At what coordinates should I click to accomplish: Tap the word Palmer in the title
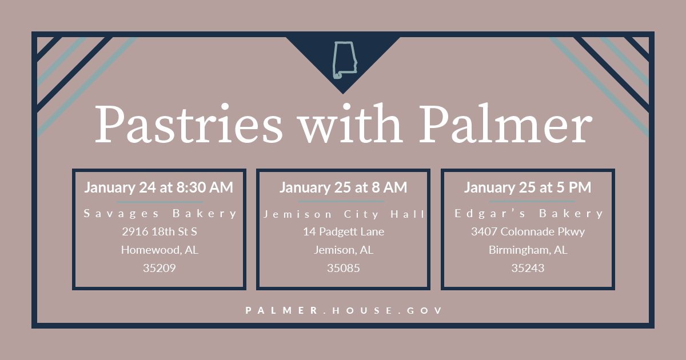504,124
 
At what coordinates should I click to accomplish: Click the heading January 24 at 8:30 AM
159,187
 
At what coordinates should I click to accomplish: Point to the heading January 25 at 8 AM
343,187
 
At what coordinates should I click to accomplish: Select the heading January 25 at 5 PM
528,187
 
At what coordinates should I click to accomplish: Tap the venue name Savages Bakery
159,214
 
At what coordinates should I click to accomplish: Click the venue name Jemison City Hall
344,214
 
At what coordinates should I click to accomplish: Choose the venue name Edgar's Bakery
528,214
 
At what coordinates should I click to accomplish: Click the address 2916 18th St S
159,231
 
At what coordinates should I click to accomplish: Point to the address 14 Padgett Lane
344,231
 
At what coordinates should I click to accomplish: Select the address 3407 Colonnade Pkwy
528,231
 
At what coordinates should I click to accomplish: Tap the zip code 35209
159,267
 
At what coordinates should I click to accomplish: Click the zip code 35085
344,267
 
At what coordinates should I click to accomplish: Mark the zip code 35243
528,267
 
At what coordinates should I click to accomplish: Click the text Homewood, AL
159,250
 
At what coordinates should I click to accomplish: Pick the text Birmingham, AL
528,250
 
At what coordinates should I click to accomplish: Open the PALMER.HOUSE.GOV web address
344,310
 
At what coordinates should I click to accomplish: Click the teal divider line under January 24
159,202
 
